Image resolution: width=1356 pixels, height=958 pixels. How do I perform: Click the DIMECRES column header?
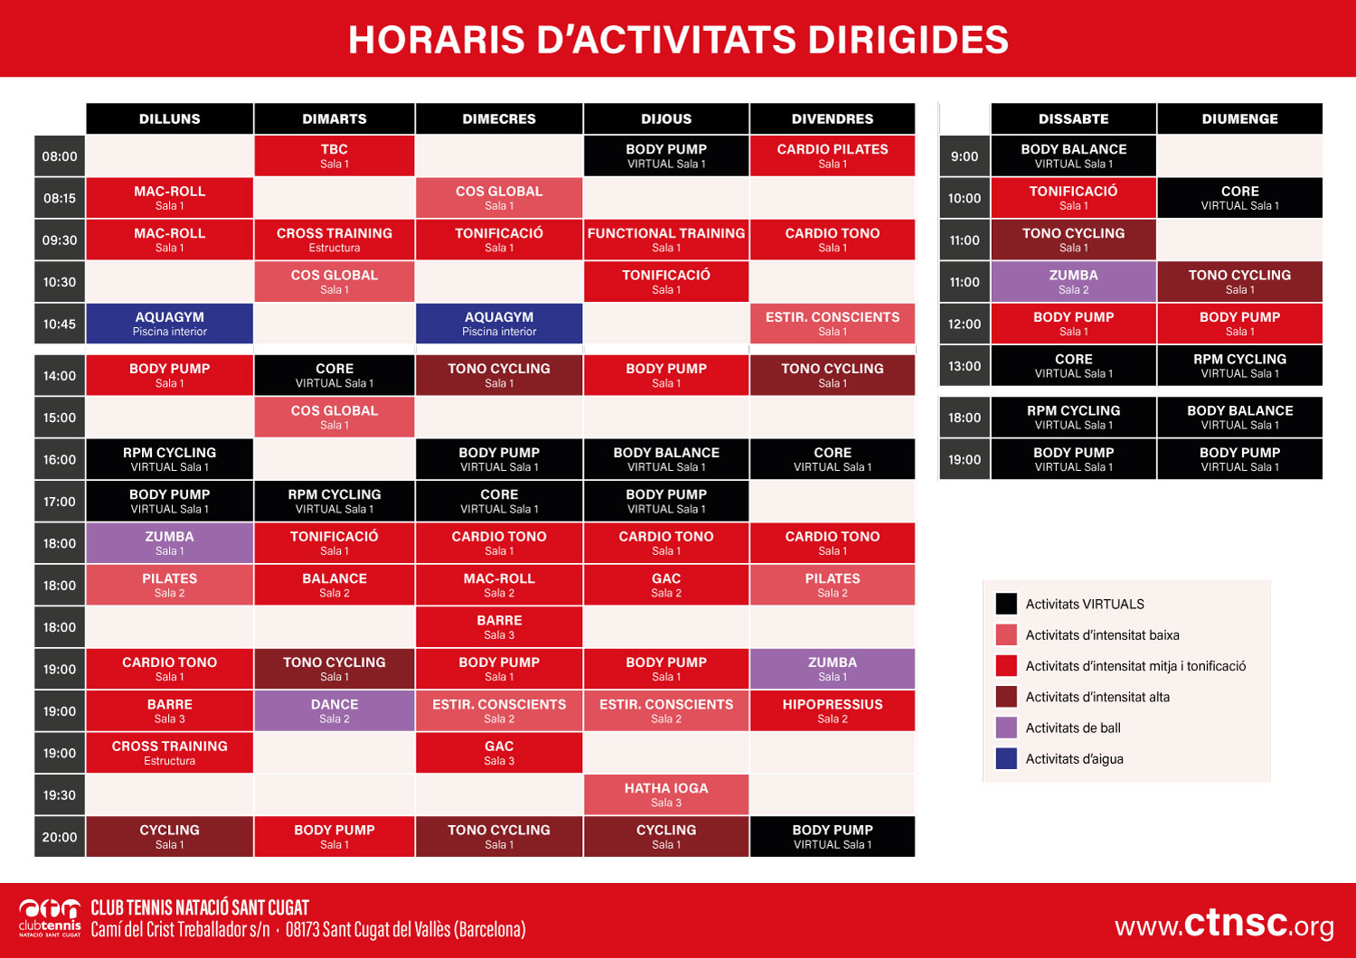pyautogui.click(x=499, y=118)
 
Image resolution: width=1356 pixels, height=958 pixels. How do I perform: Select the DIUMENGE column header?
pyautogui.click(x=1239, y=118)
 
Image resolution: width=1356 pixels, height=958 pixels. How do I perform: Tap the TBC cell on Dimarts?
pyautogui.click(x=334, y=155)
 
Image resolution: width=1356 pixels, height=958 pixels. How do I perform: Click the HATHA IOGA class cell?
pyautogui.click(x=666, y=794)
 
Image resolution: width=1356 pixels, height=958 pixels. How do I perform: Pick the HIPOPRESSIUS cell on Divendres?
pyautogui.click(x=833, y=710)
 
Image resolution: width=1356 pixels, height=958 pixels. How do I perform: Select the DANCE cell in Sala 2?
pyautogui.click(x=334, y=710)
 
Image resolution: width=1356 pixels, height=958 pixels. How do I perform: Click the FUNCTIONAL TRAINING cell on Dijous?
pyautogui.click(x=666, y=239)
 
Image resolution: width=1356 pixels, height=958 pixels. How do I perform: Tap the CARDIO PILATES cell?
pyautogui.click(x=833, y=155)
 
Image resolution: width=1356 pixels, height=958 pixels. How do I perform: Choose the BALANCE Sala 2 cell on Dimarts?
pyautogui.click(x=334, y=585)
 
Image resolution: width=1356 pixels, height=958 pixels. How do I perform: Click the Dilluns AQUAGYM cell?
pyautogui.click(x=170, y=324)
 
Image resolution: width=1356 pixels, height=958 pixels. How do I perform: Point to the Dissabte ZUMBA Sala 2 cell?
pyautogui.click(x=1073, y=281)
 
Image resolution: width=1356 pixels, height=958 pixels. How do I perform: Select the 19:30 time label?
pyautogui.click(x=60, y=794)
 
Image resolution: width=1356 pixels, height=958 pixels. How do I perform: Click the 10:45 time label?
pyautogui.click(x=60, y=324)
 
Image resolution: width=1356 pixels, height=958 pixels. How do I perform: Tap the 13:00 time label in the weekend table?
pyautogui.click(x=965, y=366)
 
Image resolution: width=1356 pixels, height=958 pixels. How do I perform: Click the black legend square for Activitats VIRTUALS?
pyautogui.click(x=1006, y=604)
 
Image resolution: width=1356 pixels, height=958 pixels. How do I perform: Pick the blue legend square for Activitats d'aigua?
pyautogui.click(x=1006, y=758)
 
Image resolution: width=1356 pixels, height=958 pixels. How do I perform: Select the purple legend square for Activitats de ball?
pyautogui.click(x=1006, y=728)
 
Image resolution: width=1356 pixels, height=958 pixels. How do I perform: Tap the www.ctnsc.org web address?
pyautogui.click(x=1224, y=924)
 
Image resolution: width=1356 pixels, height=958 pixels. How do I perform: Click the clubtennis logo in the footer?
pyautogui.click(x=51, y=916)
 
